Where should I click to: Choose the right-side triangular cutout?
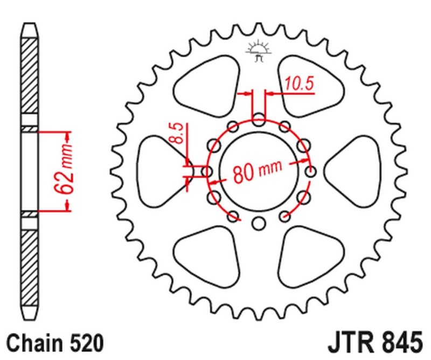356,170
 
